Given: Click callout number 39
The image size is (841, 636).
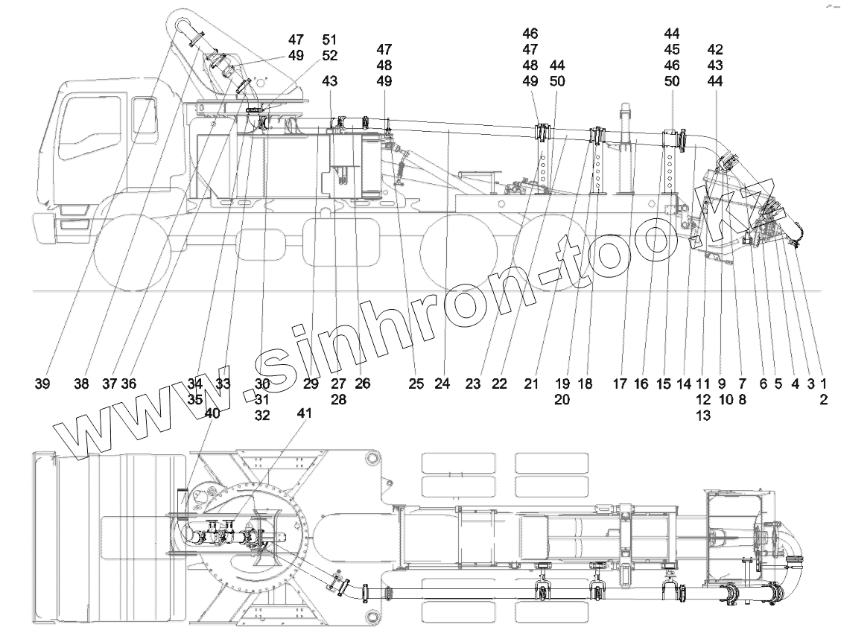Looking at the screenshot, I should click(x=42, y=384).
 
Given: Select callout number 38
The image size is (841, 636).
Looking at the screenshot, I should click(x=83, y=384).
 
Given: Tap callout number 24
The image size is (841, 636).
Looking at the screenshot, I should click(x=442, y=384).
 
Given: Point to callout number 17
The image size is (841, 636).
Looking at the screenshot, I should click(x=620, y=384).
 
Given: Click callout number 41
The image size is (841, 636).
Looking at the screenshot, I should click(x=305, y=413).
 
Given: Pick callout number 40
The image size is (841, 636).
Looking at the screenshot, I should click(x=212, y=414).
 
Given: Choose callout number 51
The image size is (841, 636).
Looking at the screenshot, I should click(x=329, y=39).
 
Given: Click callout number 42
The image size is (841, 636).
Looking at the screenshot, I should click(x=715, y=49).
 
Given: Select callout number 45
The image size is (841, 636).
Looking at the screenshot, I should click(x=672, y=49).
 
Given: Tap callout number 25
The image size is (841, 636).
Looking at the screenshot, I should click(x=416, y=384).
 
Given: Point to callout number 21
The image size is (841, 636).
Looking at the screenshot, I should click(x=530, y=384).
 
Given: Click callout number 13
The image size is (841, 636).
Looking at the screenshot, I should click(x=702, y=416).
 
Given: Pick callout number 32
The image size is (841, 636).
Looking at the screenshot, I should click(x=261, y=416).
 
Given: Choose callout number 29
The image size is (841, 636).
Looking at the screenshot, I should click(x=311, y=384).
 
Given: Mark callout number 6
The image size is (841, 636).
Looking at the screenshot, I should click(x=763, y=384).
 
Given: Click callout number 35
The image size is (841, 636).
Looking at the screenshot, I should click(x=195, y=399).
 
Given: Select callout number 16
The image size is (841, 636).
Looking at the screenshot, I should click(x=642, y=384).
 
